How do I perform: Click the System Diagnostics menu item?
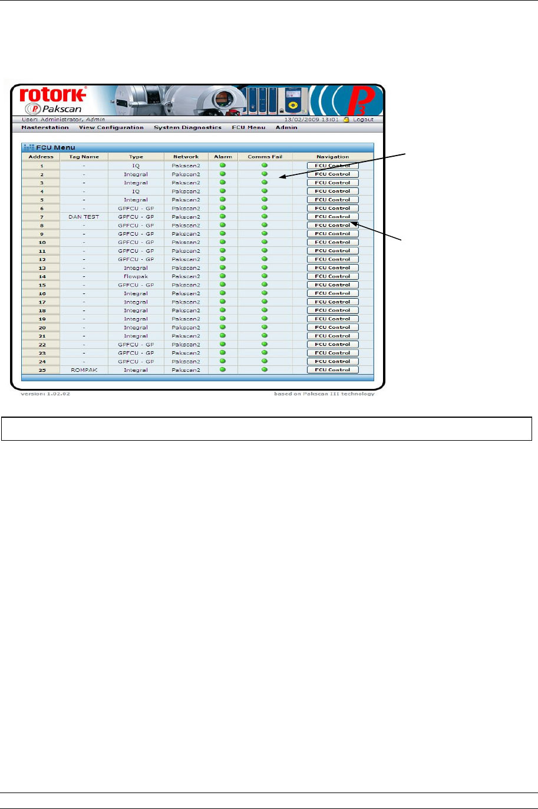[187, 127]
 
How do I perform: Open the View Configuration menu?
[111, 127]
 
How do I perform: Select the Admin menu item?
[286, 127]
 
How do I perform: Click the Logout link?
[363, 120]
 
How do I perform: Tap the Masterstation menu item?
[45, 127]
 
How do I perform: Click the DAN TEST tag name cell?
[84, 217]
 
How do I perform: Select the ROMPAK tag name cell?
[84, 370]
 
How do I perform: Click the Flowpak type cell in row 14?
[136, 276]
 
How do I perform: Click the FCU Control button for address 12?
[332, 259]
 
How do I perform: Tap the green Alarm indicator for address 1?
[223, 166]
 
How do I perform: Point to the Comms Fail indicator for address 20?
[265, 328]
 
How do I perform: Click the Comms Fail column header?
[265, 157]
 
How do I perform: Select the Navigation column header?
[332, 157]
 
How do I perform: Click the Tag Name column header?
[84, 157]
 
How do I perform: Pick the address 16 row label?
[42, 293]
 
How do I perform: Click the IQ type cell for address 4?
[136, 191]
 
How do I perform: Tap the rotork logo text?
[53, 95]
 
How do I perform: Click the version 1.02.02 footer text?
[45, 394]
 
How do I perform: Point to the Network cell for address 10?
[186, 242]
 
